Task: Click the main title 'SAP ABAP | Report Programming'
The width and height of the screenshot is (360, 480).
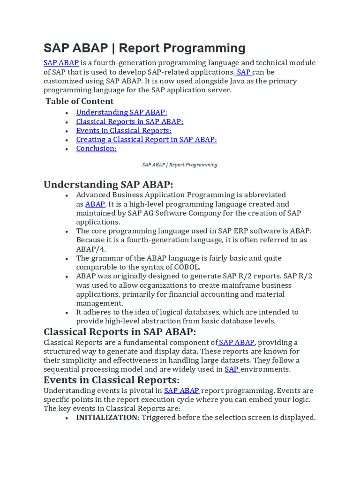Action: point(144,48)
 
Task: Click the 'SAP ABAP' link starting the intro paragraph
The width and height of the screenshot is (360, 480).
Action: point(61,63)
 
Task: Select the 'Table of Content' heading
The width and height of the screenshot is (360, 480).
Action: point(80,101)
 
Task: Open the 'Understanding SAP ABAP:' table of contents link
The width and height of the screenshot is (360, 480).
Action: point(121,112)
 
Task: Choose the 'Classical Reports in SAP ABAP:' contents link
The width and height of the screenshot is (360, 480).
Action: point(129,121)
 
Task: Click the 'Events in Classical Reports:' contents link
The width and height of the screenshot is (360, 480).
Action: point(124,130)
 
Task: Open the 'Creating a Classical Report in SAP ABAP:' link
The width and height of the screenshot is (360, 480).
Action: point(146,139)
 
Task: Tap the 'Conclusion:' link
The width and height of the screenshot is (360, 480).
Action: point(96,149)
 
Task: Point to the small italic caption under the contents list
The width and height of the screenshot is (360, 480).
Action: point(180,165)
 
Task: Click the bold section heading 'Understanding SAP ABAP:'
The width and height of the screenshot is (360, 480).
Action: point(108,185)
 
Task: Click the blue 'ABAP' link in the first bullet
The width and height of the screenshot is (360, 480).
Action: point(95,204)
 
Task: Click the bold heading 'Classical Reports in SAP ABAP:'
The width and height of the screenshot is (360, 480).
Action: point(120,332)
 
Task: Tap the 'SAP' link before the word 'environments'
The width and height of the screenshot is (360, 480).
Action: point(232,369)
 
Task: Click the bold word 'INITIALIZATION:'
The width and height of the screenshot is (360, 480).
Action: point(108,417)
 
